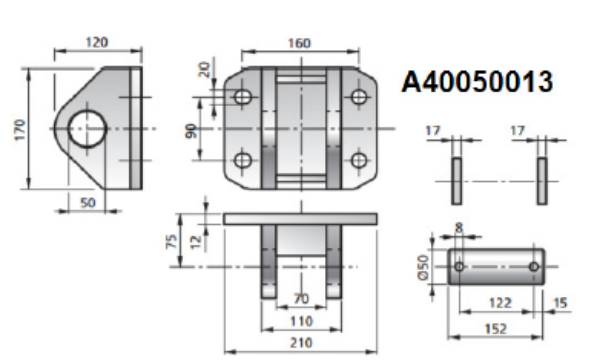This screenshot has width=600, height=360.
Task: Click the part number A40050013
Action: [477, 81]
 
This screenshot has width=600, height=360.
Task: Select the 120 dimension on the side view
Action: [96, 42]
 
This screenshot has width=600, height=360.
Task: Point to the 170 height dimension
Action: [20, 129]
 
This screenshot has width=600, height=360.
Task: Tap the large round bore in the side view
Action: [87, 129]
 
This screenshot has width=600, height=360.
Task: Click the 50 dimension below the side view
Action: [88, 202]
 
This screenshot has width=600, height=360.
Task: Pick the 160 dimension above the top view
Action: [299, 43]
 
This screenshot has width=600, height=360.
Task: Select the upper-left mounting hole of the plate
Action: [243, 97]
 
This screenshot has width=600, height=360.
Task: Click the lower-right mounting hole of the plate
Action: [359, 160]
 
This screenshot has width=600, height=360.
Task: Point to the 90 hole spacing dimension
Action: [191, 131]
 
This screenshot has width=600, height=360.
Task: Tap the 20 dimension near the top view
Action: [205, 69]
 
